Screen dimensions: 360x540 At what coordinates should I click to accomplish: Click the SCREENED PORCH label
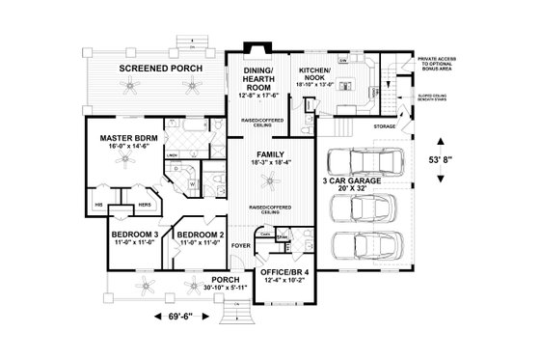158,69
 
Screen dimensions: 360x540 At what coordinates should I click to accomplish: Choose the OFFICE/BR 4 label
286,272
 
